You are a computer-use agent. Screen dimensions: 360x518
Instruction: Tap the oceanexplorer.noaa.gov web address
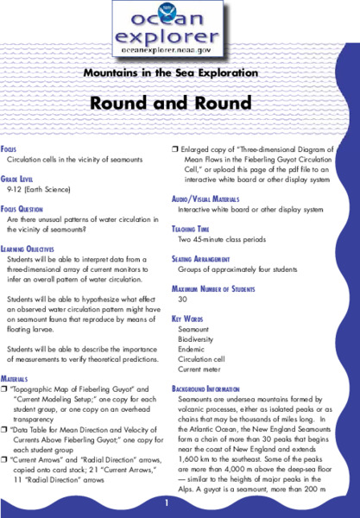[179, 51]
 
